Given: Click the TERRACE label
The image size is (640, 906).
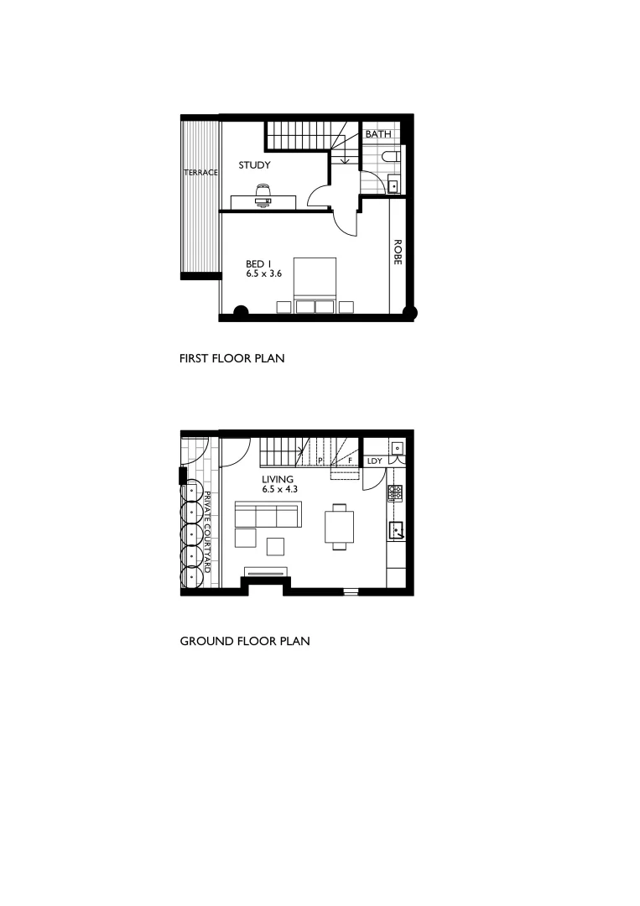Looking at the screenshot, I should point(200,173).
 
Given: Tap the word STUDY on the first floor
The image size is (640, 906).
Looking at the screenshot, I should point(254,166).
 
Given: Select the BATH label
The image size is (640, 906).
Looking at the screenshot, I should point(377,134).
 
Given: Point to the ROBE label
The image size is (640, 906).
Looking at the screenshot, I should point(398,253).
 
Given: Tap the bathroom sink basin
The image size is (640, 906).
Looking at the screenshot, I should point(393,186).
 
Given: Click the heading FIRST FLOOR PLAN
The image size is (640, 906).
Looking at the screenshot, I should point(232,359).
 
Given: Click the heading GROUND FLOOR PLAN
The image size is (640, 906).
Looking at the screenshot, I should point(245,642).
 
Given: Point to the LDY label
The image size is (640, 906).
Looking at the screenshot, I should point(374,461).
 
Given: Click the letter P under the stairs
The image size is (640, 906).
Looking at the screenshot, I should point(320,461).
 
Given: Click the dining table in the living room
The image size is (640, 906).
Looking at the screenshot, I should point(339,525).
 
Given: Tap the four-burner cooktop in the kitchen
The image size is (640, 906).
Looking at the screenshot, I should point(394,493).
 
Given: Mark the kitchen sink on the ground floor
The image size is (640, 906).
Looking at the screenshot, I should point(395,529).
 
